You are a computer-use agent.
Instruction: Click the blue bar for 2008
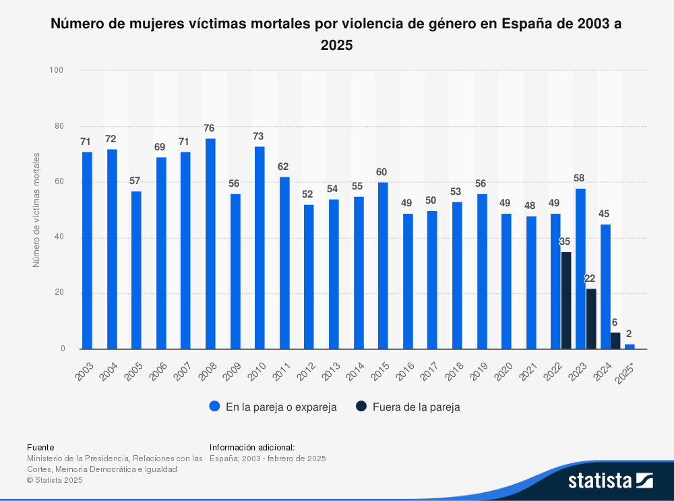coord(210,243)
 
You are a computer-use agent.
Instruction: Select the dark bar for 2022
coord(566,300)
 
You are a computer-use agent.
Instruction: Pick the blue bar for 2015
coord(383,265)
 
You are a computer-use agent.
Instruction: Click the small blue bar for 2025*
coord(630,346)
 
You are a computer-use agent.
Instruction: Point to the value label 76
coord(210,128)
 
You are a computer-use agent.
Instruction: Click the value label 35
coord(565,241)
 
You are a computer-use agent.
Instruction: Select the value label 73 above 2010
coord(259,136)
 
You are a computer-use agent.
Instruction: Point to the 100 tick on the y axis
coord(57,70)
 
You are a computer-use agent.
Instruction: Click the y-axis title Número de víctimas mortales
coord(36,210)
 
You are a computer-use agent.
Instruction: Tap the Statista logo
coord(610,480)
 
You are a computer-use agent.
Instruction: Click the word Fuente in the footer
coord(40,447)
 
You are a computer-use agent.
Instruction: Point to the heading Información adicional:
coord(252,447)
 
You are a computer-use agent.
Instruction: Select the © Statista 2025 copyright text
coord(55,480)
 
